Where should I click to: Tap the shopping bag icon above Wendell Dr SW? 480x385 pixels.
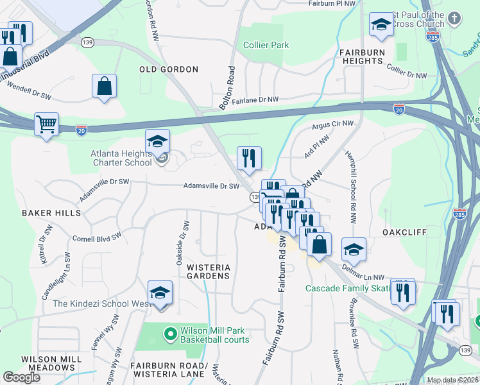tap(104, 85)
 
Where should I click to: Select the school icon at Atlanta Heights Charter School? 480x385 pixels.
tap(157, 141)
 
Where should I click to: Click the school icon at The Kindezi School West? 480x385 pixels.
tap(160, 293)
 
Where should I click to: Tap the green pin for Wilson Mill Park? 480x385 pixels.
tap(170, 334)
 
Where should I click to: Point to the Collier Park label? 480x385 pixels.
tap(266, 45)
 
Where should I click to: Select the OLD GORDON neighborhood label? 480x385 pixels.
tap(169, 69)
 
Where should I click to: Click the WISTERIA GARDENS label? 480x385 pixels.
tap(208, 270)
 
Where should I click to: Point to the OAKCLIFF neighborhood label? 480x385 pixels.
tap(404, 232)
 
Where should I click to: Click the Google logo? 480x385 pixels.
tap(22, 377)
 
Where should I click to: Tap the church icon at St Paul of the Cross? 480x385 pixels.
tap(454, 17)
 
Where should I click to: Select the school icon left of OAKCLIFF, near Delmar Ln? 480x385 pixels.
tap(354, 249)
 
